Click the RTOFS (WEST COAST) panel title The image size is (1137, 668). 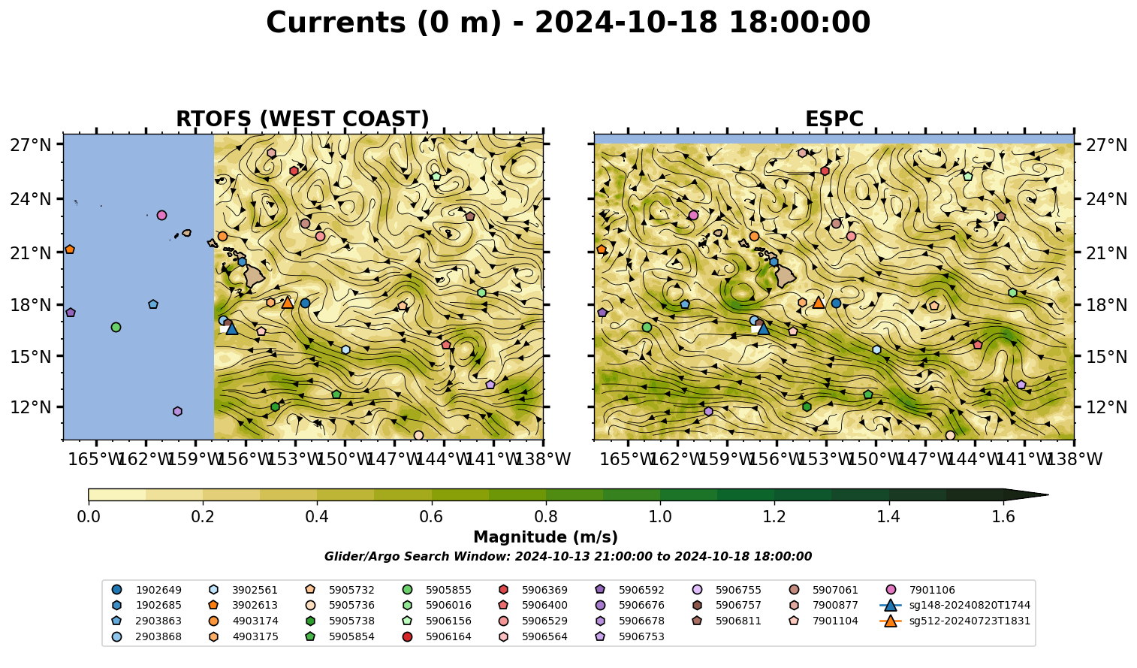[x=303, y=119]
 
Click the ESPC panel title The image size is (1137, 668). [x=834, y=119]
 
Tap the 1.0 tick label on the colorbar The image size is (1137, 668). [x=660, y=517]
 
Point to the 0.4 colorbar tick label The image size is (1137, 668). [x=317, y=517]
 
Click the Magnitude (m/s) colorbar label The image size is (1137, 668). [x=546, y=537]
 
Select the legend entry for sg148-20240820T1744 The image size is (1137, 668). [x=955, y=605]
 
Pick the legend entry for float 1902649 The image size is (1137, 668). [x=146, y=590]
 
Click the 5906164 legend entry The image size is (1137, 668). [x=437, y=636]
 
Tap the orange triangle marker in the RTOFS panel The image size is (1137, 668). [x=288, y=303]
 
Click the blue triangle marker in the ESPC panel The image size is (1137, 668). [x=763, y=329]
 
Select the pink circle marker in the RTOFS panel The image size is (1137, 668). [x=161, y=216]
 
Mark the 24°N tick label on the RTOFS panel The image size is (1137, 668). [x=31, y=199]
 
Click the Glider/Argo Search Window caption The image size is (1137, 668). [x=568, y=557]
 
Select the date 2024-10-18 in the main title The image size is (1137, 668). [x=626, y=23]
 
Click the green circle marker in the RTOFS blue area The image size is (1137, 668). [x=116, y=327]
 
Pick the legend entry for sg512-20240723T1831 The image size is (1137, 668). [x=955, y=621]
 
